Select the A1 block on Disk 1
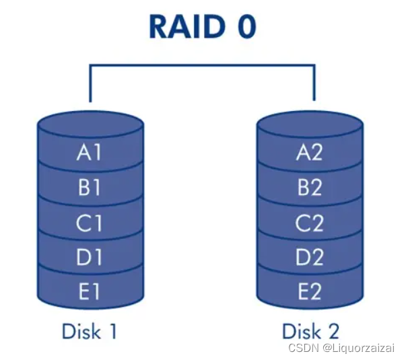[x=90, y=153]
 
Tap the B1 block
[x=90, y=188]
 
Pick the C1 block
[x=90, y=223]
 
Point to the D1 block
[x=90, y=257]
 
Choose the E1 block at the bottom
[x=90, y=292]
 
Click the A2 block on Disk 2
[x=310, y=153]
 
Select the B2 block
[x=310, y=188]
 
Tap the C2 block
[x=310, y=223]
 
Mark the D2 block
[x=310, y=257]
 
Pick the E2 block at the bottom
[x=310, y=292]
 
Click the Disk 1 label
[x=90, y=331]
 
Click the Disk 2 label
[x=310, y=331]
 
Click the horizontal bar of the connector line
[x=202, y=66]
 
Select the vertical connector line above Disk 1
[x=90, y=84]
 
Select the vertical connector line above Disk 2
[x=314, y=84]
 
